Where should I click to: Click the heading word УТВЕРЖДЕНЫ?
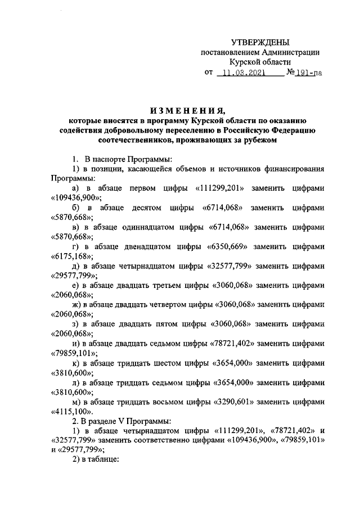262,42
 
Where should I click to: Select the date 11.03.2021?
246,73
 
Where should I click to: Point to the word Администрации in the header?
292,52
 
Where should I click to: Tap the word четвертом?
170,305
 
